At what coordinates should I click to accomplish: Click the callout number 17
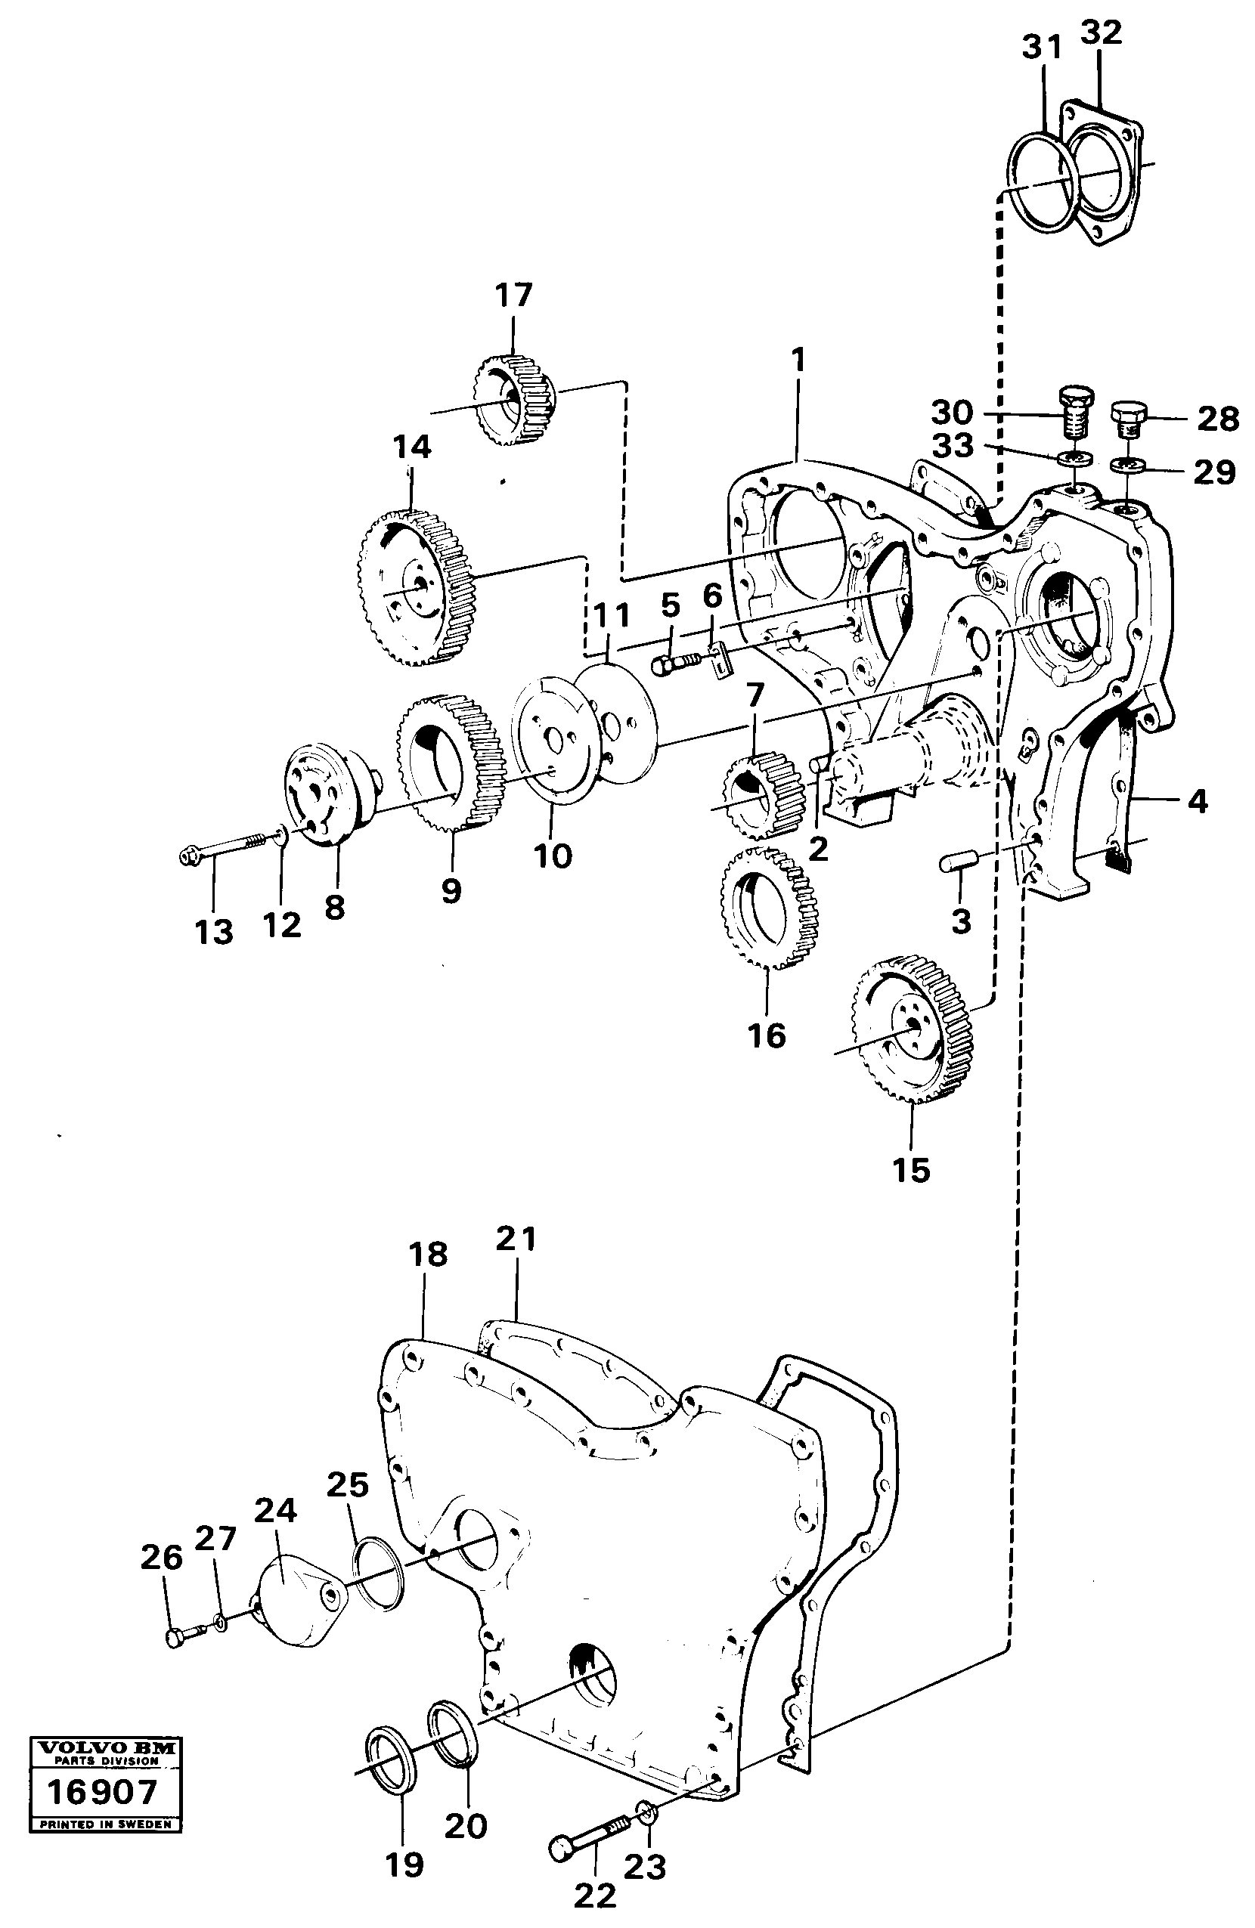513,295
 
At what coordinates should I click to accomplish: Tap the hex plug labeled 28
1127,419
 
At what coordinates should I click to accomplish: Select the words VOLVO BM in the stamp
103,1748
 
